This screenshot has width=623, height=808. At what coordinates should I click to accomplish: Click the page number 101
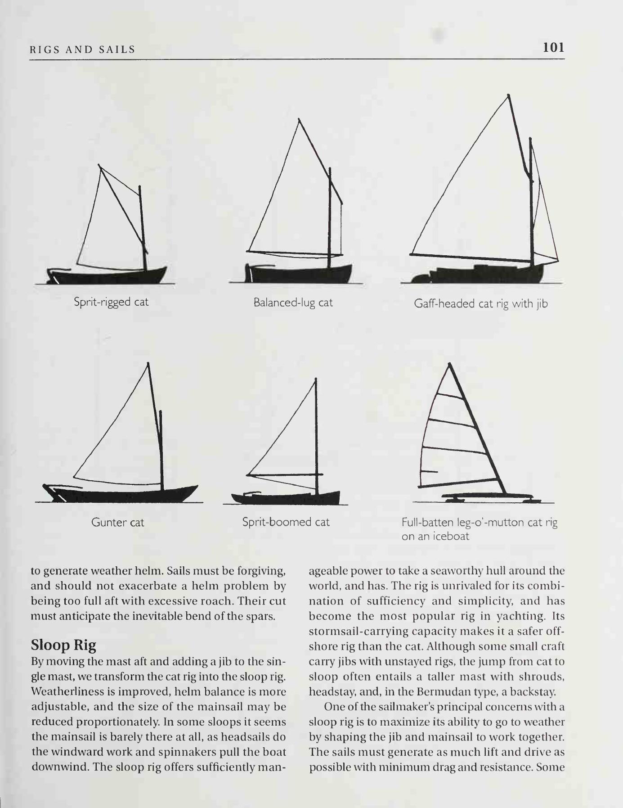coord(553,48)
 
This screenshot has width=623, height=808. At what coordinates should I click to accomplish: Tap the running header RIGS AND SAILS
coord(82,50)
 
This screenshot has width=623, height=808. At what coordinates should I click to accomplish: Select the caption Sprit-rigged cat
coord(111,302)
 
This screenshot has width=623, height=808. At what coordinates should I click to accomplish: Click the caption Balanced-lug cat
coord(293,302)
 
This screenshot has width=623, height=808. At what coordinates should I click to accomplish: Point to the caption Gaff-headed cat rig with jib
coord(481,304)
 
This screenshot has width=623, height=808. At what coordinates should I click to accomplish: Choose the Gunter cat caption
coord(117,523)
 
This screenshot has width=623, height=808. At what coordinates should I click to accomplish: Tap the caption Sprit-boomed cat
coord(286,522)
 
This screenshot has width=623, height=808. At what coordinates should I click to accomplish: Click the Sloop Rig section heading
coord(63,645)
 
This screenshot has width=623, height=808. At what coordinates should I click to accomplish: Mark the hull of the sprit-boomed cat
coord(288,498)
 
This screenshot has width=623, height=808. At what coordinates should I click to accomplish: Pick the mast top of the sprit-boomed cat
coord(316,379)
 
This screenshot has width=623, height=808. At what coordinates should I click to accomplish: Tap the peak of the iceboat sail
coord(449,364)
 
